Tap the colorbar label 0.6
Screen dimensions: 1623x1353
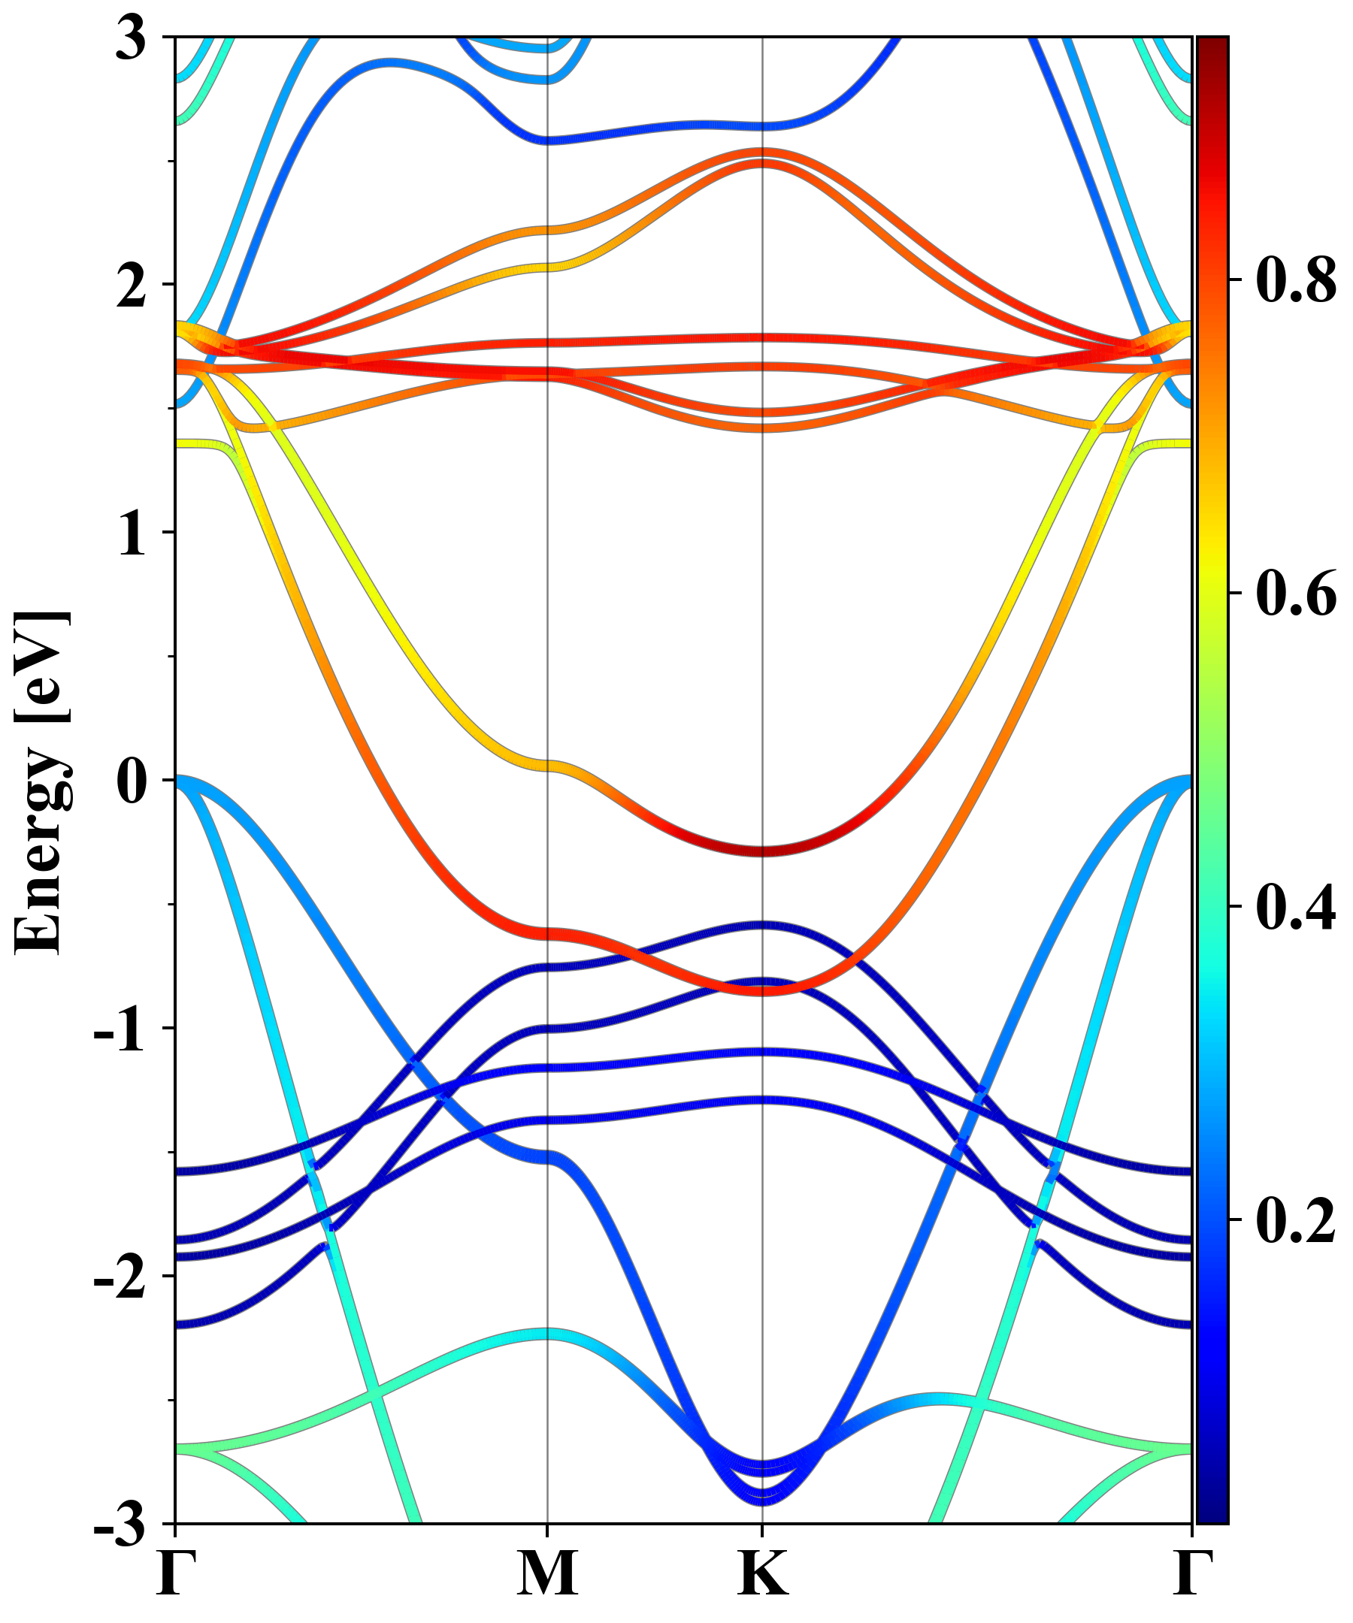(x=1296, y=594)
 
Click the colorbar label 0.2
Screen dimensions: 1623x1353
(x=1296, y=1220)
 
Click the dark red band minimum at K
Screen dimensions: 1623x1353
(x=762, y=851)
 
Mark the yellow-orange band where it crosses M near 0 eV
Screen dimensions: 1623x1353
(x=547, y=765)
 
